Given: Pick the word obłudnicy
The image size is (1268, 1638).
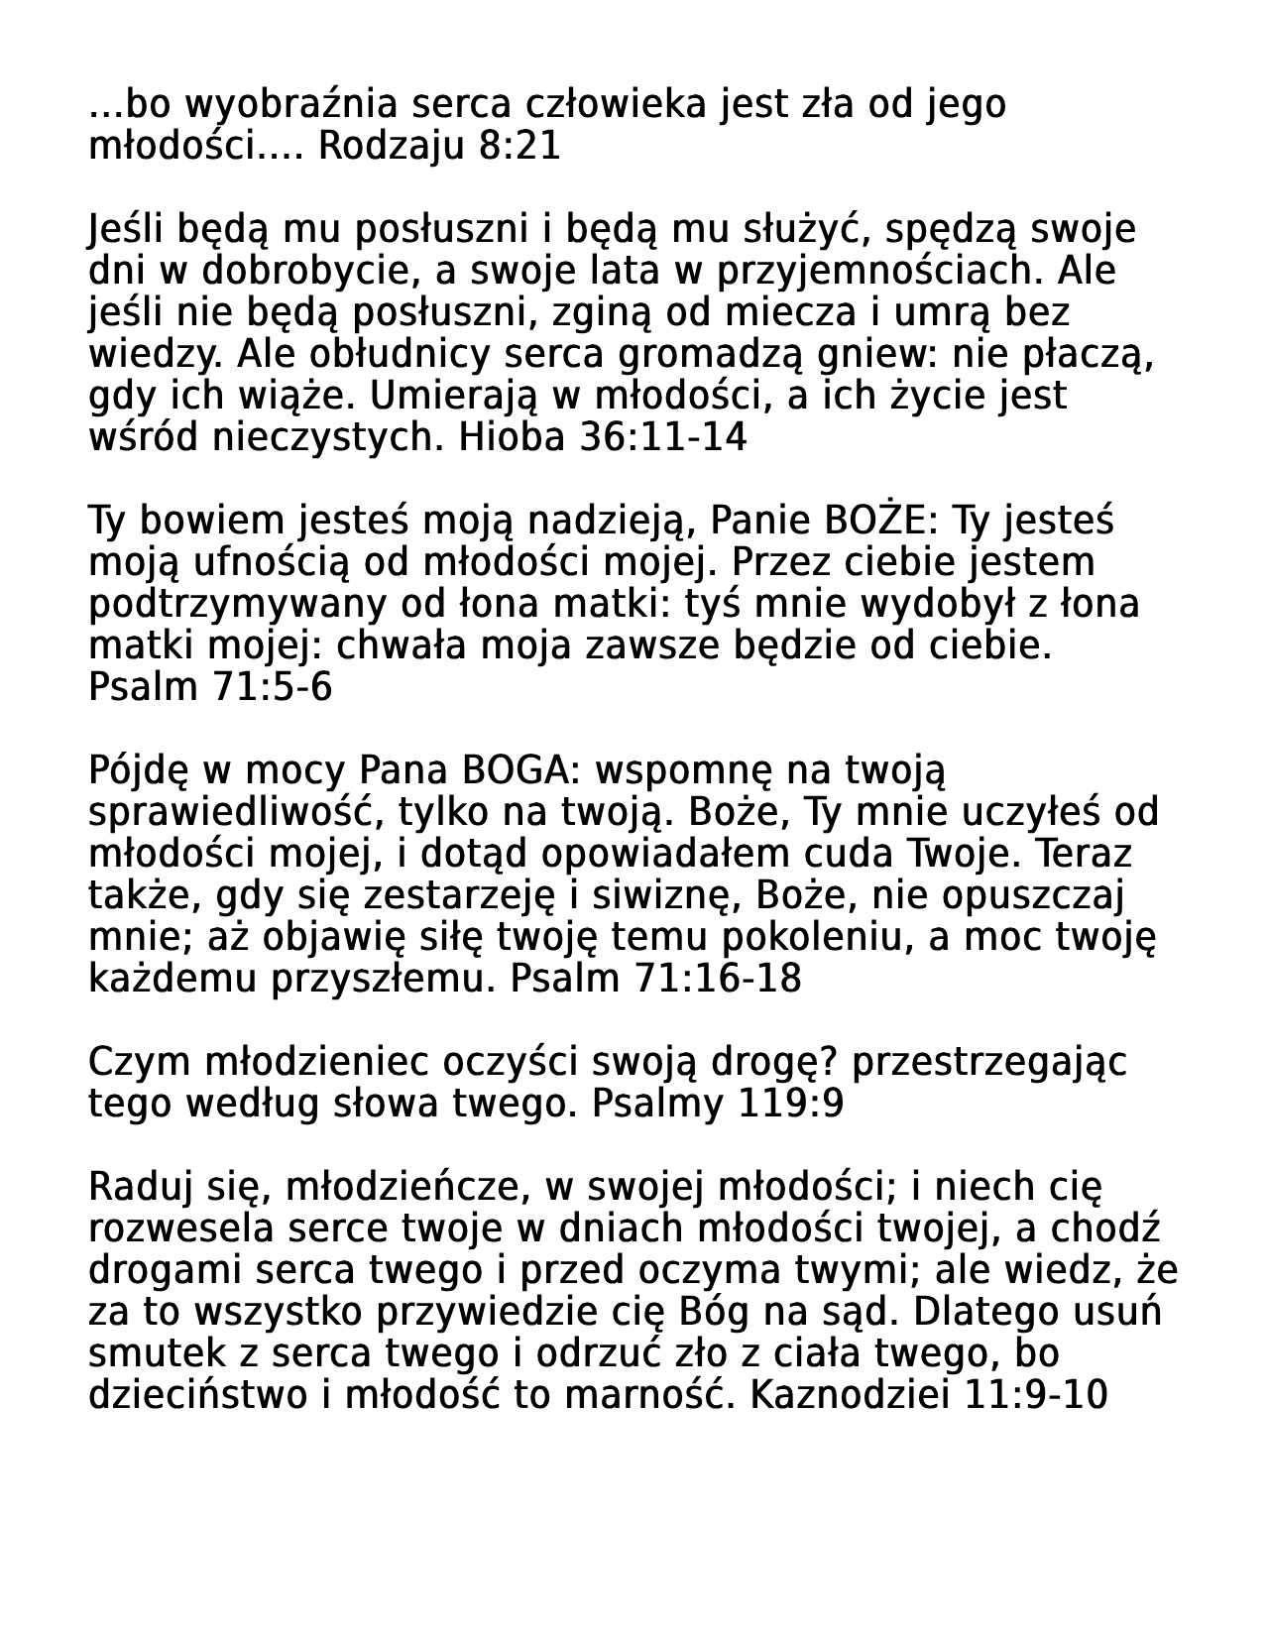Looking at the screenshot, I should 392,354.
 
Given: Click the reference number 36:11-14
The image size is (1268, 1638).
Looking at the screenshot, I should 662,437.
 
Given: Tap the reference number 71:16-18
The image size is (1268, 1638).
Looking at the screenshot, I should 716,979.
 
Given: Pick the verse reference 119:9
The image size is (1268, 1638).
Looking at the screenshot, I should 791,1104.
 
